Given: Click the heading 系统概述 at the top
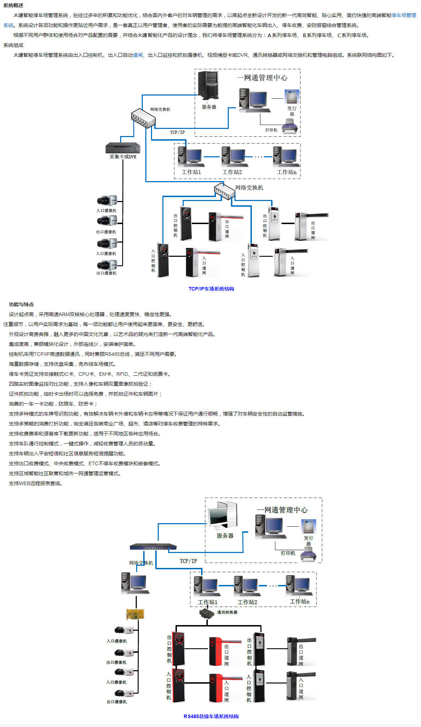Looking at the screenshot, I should coord(14,5).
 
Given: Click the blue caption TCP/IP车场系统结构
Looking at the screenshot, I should coord(211,289).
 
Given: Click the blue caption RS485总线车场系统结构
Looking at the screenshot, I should coord(211,716).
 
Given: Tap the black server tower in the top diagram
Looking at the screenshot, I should coord(209,85).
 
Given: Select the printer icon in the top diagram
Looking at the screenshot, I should coord(290,126).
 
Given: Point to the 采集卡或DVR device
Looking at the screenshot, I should coord(123,148).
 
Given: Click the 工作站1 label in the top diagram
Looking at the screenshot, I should coord(191,172).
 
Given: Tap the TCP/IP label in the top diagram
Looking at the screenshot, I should coord(177,132).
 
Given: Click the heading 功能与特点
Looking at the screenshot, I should coord(21,304).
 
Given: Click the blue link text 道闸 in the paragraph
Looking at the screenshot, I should coord(138,55).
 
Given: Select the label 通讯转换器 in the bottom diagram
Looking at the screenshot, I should coord(227,612).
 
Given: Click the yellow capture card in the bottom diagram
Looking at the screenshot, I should coord(135,614).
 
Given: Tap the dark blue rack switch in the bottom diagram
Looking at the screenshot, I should coord(153,547).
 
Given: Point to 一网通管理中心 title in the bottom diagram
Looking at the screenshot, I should coord(282,510).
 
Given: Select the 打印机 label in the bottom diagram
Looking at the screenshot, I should coord(288,553).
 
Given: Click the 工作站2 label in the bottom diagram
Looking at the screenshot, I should coord(247,602).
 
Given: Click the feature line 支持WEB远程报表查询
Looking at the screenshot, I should coord(36,483).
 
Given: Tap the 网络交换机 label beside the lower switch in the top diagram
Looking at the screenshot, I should coord(249,188).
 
